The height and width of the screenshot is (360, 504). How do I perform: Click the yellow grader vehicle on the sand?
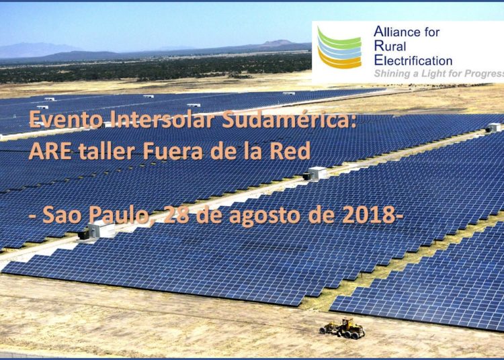[342, 328]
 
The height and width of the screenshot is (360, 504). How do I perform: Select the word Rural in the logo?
[390, 46]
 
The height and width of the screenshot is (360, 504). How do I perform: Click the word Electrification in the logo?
[413, 60]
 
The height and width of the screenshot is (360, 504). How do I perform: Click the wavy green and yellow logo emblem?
[339, 48]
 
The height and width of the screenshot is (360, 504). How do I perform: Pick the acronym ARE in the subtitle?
[50, 151]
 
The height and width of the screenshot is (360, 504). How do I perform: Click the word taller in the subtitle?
[106, 150]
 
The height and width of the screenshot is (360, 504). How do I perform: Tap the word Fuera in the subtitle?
[173, 151]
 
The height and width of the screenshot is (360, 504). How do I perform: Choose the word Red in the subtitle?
[290, 150]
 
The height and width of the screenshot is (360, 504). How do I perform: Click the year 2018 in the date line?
[368, 215]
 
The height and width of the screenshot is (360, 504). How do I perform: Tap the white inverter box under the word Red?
[316, 174]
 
